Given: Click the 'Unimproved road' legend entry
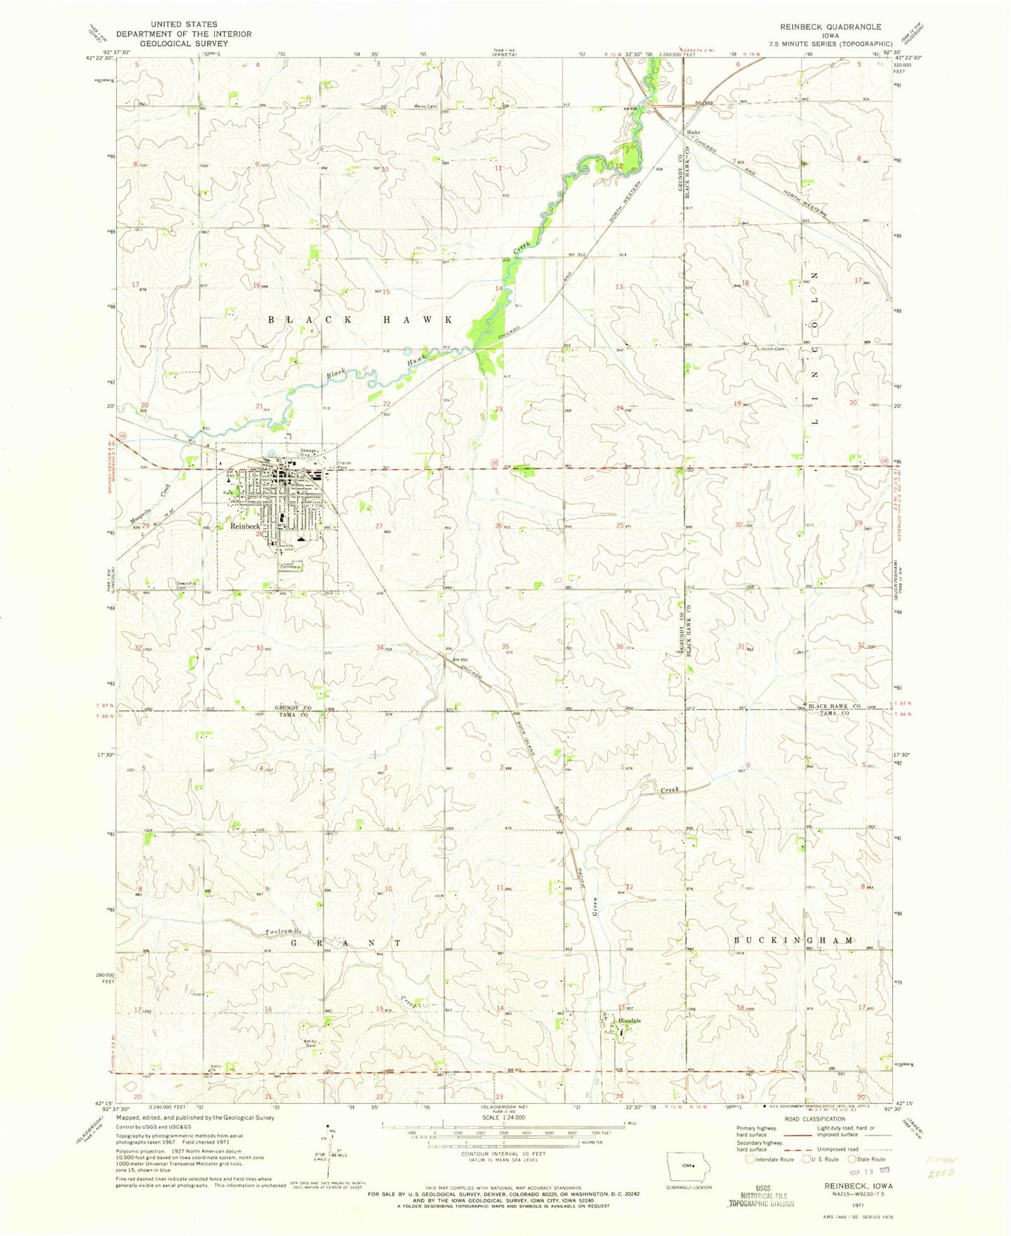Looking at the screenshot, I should pyautogui.click(x=840, y=1149).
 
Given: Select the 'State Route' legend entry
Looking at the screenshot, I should pyautogui.click(x=868, y=1159).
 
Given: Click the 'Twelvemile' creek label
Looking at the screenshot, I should pyautogui.click(x=284, y=932).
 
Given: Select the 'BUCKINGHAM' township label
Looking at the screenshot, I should pyautogui.click(x=794, y=941).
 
